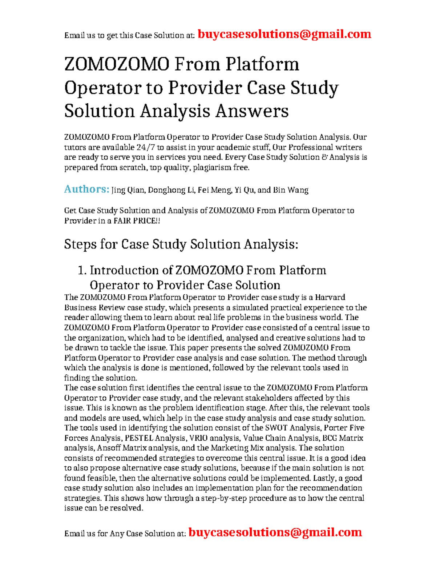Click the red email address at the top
tap(284, 34)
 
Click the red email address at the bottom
tap(275, 533)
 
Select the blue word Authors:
tap(86, 189)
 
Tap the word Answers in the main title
tap(252, 111)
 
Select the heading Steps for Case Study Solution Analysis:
tap(181, 244)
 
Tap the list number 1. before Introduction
tap(82, 270)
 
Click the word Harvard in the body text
tap(330, 297)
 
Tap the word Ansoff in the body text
tap(109, 448)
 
